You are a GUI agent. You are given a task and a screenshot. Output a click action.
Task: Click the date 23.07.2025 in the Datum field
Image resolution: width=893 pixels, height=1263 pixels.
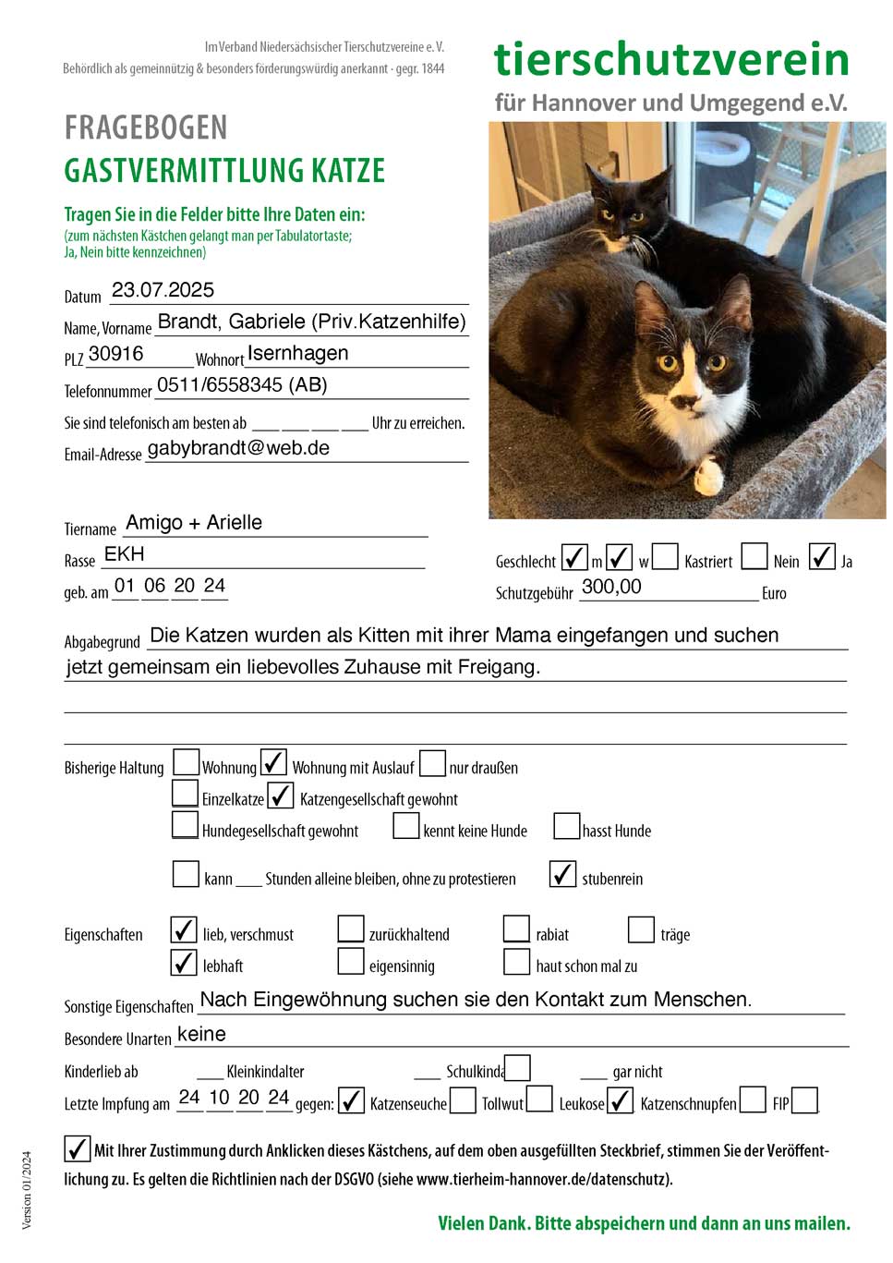click(163, 290)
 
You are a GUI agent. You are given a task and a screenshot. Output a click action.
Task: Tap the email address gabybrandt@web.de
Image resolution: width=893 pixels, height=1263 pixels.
click(238, 448)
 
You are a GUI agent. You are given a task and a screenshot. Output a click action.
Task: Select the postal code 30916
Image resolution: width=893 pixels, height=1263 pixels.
click(115, 354)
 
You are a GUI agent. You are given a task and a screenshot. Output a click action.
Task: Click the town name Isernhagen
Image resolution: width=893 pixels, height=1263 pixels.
click(297, 354)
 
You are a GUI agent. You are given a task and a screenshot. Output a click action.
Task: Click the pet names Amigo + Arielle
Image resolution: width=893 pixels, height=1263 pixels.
click(194, 523)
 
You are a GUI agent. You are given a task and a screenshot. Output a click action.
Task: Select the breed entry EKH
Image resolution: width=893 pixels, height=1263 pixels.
click(125, 554)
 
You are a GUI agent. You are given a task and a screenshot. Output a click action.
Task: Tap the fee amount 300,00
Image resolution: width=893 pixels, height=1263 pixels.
click(611, 587)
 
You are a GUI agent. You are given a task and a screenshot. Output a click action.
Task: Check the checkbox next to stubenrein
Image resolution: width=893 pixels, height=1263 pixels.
click(562, 874)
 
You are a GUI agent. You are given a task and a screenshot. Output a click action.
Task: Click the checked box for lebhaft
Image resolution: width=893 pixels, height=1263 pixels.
click(185, 963)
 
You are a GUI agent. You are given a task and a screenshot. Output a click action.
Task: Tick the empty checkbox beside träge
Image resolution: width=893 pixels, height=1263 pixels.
click(641, 929)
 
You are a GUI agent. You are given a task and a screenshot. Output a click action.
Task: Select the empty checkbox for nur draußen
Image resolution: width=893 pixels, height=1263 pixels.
click(432, 764)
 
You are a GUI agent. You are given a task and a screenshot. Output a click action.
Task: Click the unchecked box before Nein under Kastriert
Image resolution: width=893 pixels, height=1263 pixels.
click(754, 556)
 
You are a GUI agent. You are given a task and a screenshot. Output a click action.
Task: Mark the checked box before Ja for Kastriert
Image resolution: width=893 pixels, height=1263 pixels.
click(822, 556)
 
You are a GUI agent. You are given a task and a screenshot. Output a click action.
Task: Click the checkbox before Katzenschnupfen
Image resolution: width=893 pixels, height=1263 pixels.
click(621, 1100)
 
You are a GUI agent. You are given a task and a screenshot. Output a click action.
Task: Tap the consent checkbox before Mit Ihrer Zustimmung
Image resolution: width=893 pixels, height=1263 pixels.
click(78, 1148)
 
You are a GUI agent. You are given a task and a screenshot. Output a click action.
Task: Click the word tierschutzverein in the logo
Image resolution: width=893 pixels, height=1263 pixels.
click(671, 60)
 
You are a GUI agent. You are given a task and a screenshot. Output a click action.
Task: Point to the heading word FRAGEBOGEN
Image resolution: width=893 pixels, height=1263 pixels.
click(146, 128)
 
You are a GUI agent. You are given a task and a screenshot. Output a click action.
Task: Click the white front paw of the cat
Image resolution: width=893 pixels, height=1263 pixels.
click(708, 475)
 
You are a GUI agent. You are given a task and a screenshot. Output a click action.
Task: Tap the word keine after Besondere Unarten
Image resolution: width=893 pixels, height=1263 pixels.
click(201, 1034)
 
